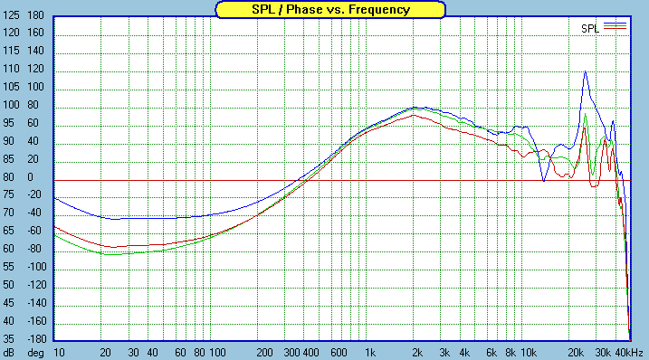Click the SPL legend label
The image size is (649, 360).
[x=590, y=28]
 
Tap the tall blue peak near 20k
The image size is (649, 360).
[x=586, y=71]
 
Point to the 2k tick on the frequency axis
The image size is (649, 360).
[x=416, y=351]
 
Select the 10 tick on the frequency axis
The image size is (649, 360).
[x=59, y=351]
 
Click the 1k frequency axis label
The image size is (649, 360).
[x=369, y=351]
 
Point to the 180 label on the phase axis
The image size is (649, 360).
[x=36, y=16]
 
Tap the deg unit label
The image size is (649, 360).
[x=35, y=351]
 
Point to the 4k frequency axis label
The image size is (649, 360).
[x=464, y=351]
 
